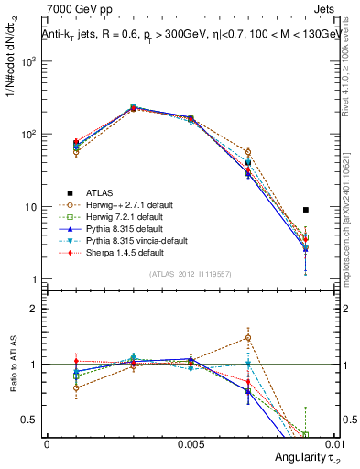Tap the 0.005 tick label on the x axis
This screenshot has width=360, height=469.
(x=191, y=442)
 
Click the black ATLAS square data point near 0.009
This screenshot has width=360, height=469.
(x=306, y=210)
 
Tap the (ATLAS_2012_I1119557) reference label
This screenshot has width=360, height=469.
(x=191, y=274)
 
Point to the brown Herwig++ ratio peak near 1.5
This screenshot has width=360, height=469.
(x=248, y=337)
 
